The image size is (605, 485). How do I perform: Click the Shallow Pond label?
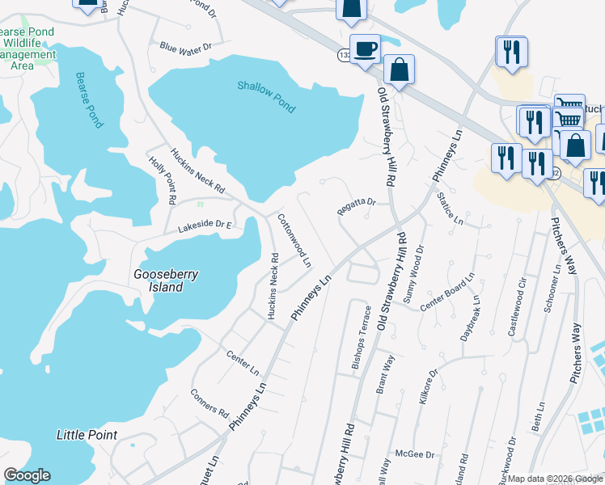click(x=266, y=97)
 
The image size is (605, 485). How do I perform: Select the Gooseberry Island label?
click(x=166, y=280)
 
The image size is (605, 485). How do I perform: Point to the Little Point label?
click(x=87, y=435)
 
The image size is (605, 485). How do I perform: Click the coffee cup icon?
click(x=364, y=48)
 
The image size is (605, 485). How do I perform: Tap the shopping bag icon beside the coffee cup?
click(x=399, y=69)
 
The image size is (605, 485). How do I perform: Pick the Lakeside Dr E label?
click(x=205, y=226)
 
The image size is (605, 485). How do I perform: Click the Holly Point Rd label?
click(x=163, y=179)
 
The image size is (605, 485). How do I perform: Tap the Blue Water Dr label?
click(x=185, y=48)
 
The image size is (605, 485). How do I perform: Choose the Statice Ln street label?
click(x=450, y=208)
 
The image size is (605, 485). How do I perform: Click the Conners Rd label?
click(x=209, y=401)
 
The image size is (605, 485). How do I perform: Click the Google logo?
click(x=27, y=475)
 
